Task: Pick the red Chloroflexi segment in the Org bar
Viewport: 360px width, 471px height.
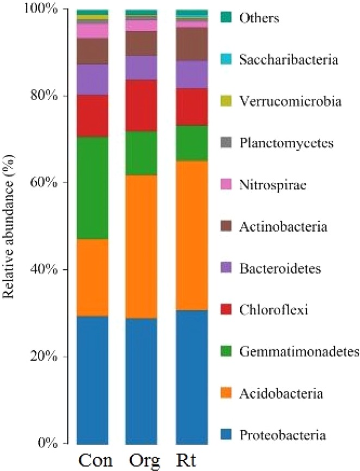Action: click(x=141, y=106)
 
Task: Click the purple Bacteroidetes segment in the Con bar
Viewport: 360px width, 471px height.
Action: click(x=92, y=79)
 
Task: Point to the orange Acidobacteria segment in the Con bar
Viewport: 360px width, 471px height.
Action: click(x=92, y=277)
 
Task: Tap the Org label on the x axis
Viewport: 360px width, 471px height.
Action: click(x=142, y=461)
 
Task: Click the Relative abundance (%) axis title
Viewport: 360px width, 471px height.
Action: click(x=10, y=226)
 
